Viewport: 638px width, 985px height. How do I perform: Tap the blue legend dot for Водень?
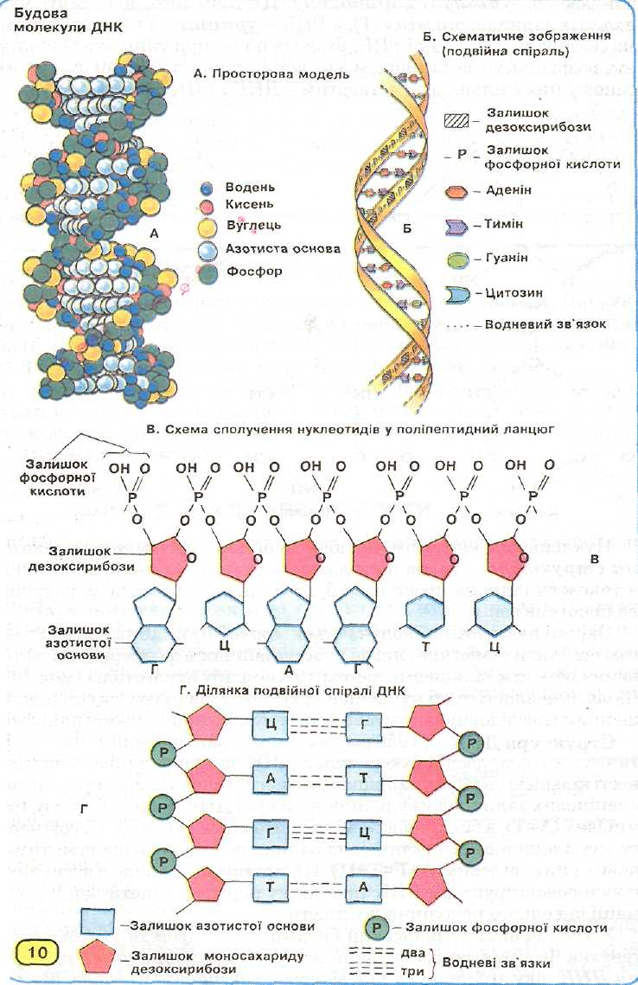206,188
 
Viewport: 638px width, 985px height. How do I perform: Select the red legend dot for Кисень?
206,205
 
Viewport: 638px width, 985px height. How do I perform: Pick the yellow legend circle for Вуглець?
206,227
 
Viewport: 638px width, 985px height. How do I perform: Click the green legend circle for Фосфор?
206,272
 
